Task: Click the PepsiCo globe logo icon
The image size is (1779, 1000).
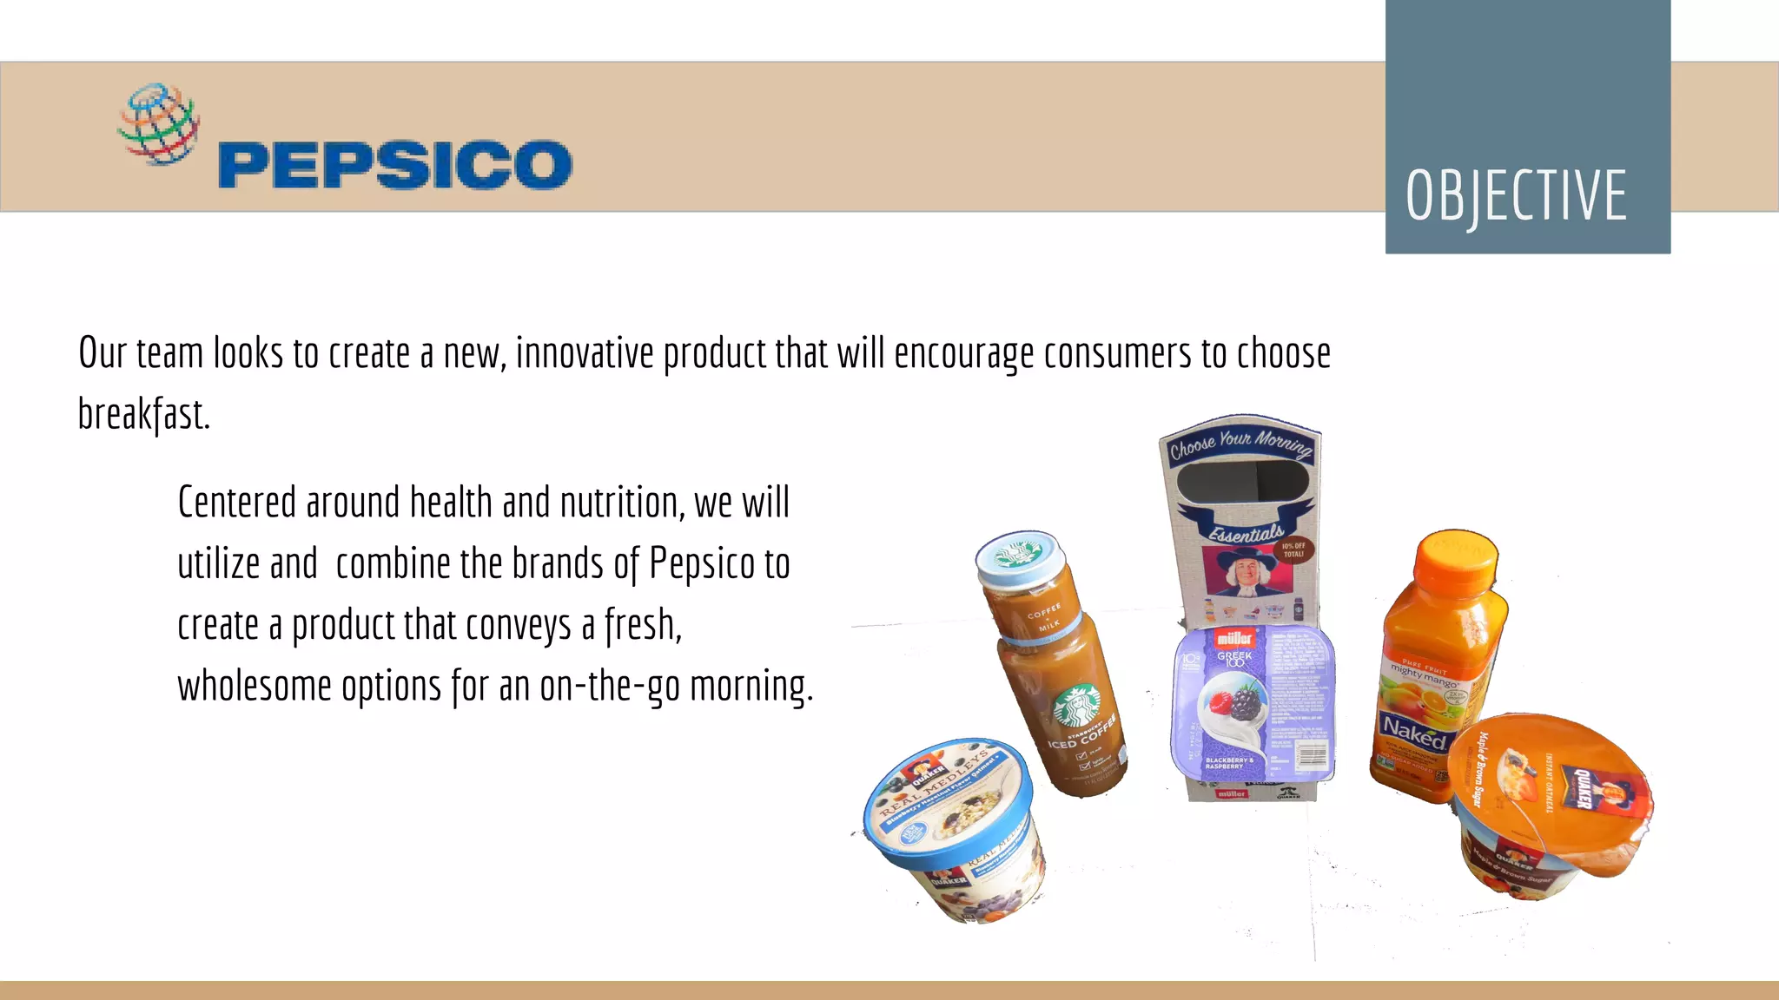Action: pyautogui.click(x=158, y=123)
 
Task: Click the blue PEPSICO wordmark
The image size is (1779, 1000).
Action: pyautogui.click(x=395, y=165)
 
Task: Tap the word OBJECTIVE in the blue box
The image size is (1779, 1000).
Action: pyautogui.click(x=1516, y=196)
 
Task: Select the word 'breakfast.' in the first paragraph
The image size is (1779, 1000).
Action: pyautogui.click(x=144, y=414)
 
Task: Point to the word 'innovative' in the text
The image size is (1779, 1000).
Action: pyautogui.click(x=585, y=353)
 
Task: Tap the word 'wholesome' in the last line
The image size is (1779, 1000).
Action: pyautogui.click(x=254, y=686)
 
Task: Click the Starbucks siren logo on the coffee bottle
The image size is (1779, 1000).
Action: pyautogui.click(x=1076, y=705)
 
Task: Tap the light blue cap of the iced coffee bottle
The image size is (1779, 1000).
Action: pyautogui.click(x=1019, y=556)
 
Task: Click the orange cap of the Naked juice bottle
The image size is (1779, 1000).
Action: pyautogui.click(x=1456, y=560)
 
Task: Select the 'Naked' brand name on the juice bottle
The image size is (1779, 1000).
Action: pyautogui.click(x=1413, y=732)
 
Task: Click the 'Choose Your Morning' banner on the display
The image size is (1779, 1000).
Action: pyautogui.click(x=1240, y=444)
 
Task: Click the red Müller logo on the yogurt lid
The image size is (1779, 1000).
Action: pyautogui.click(x=1233, y=638)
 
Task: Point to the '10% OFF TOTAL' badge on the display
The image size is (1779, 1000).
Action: pyautogui.click(x=1293, y=549)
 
